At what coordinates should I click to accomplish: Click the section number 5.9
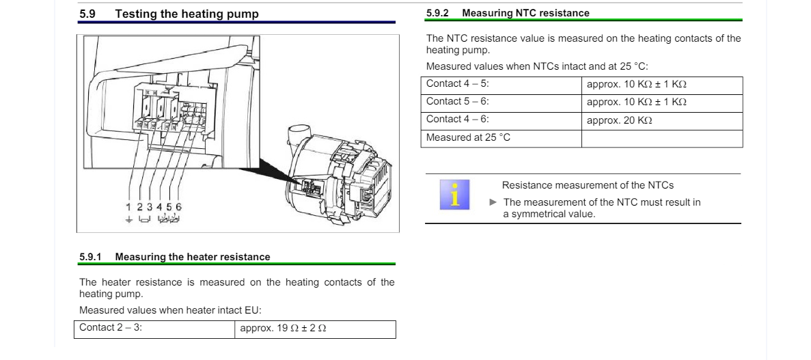[87, 14]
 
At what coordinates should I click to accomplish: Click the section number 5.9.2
[437, 13]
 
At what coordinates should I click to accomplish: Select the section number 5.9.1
[90, 257]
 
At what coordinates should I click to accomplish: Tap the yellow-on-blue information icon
[454, 195]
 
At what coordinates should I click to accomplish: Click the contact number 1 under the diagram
[128, 207]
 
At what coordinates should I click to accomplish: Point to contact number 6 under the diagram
[178, 207]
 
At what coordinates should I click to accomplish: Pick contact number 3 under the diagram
[150, 207]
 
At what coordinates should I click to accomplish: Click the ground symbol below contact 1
[128, 219]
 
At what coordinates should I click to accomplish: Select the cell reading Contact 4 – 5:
[501, 85]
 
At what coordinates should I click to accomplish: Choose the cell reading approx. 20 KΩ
[662, 121]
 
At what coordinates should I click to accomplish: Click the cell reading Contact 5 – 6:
[501, 103]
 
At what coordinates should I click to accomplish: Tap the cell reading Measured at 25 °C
[501, 139]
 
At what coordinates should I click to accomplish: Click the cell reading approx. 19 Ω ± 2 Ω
[315, 329]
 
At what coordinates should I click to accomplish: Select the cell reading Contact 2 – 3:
[154, 329]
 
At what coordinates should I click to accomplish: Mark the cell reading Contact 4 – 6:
[501, 121]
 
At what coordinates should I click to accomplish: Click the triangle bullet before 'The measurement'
[493, 202]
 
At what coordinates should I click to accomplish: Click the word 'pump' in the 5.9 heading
[243, 14]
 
